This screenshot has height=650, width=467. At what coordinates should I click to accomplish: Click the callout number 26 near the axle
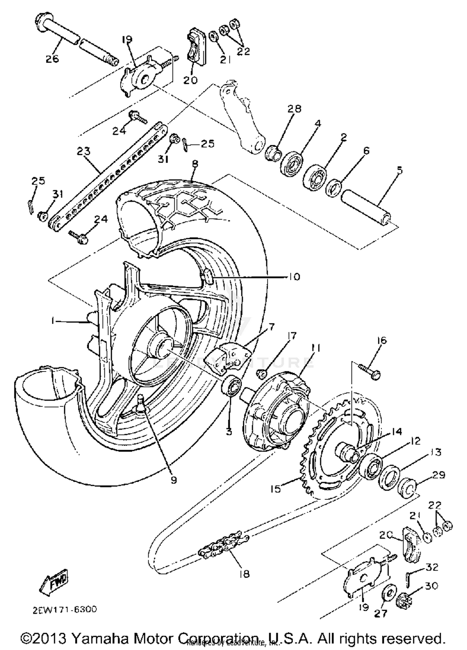(x=52, y=59)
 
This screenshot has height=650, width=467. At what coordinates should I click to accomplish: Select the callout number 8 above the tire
(x=195, y=164)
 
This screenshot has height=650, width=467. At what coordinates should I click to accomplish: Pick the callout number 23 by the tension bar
(x=83, y=151)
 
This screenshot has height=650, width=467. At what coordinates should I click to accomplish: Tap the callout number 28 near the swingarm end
(x=295, y=109)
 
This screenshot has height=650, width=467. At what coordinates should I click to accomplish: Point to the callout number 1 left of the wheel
(x=53, y=321)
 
